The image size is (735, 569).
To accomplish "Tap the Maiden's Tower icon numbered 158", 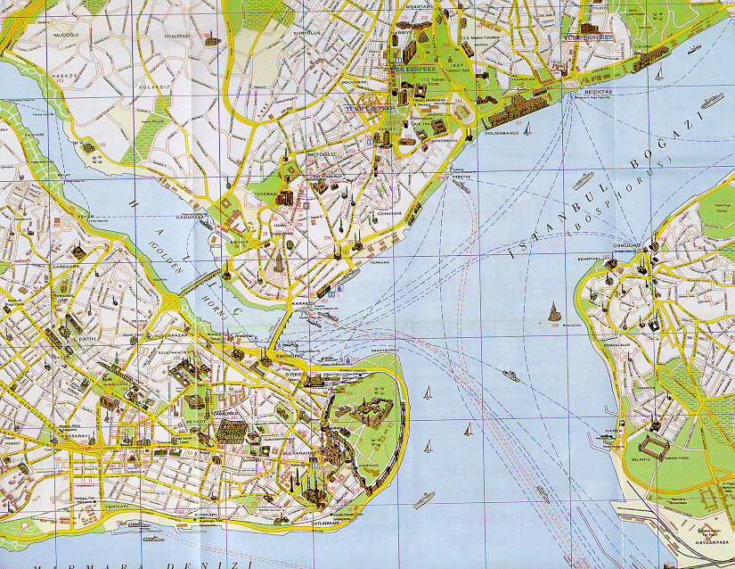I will (x=554, y=314).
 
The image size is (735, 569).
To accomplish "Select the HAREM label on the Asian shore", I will (x=611, y=430).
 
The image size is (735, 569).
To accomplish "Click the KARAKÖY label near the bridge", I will (x=303, y=303).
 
